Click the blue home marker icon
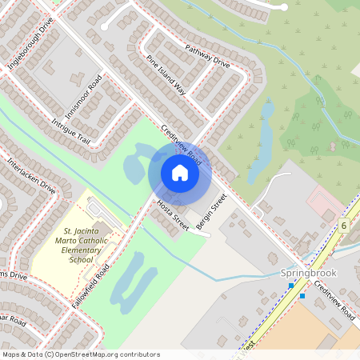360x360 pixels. pos(180,173)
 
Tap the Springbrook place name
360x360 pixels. pos(310,273)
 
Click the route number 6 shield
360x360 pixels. pos(343,226)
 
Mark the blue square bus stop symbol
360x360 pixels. pos(302,296)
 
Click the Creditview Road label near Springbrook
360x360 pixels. pos(334,301)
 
